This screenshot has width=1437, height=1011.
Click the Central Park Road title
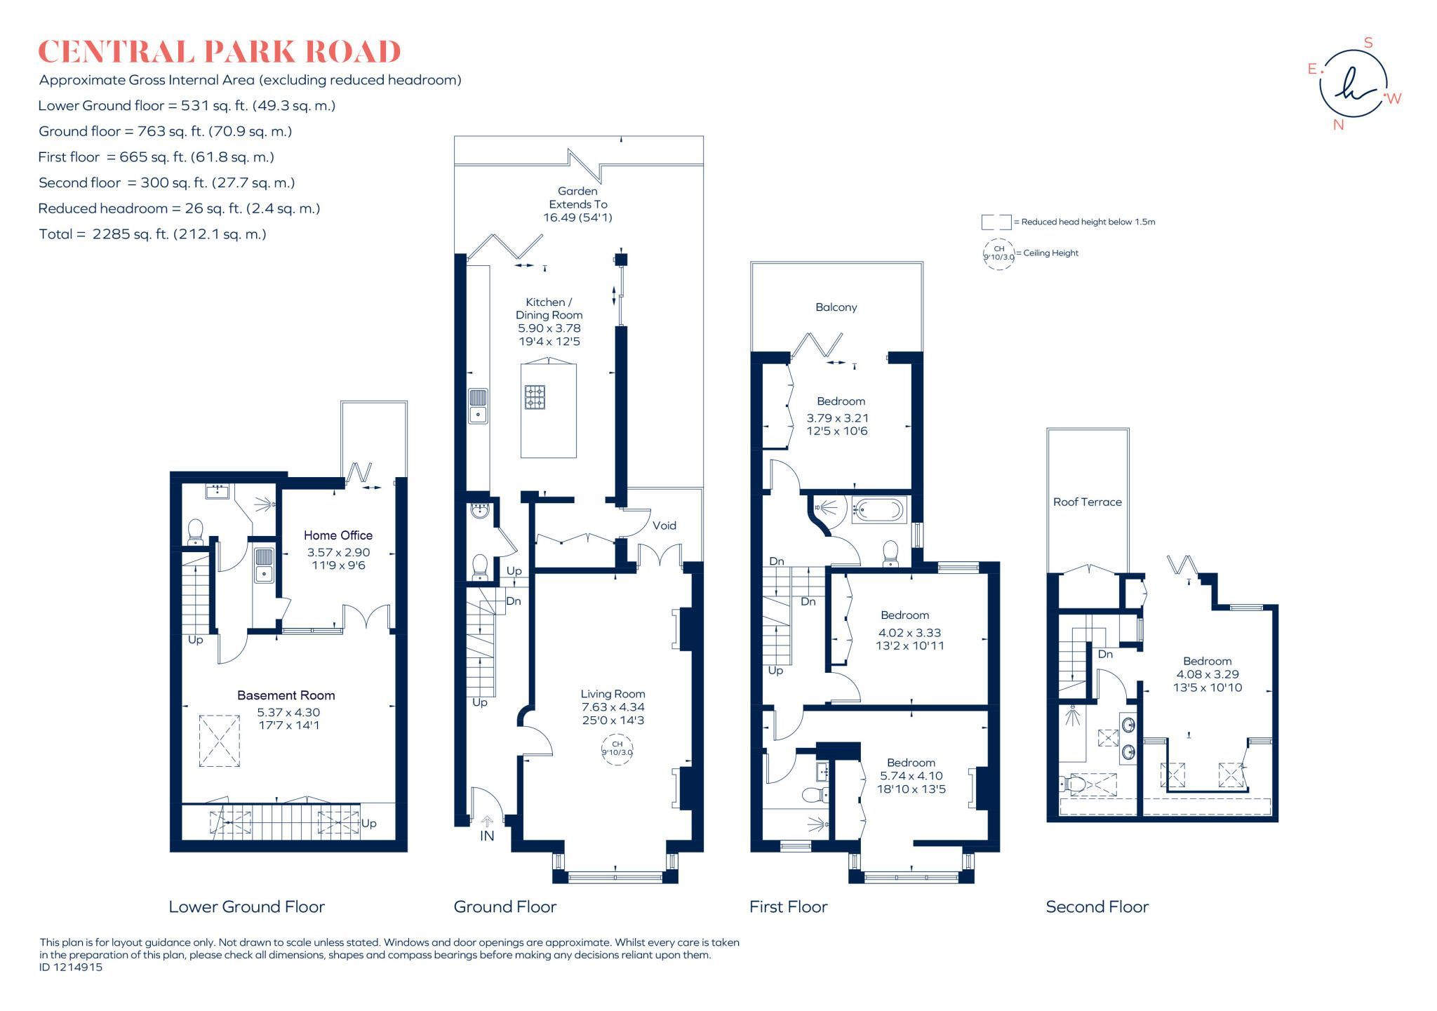pos(219,52)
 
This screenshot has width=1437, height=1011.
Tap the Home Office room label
pos(337,535)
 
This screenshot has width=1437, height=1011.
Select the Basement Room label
pos(286,695)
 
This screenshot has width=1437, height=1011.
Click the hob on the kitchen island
pos(535,397)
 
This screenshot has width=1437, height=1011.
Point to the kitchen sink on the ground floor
pos(479,406)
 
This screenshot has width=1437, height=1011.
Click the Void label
pos(664,525)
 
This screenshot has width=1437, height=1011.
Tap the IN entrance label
pos(487,836)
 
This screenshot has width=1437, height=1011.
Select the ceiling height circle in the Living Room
pos(617,748)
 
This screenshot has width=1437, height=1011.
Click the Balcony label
pos(836,307)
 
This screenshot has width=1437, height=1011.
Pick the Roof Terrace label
pos(1087,502)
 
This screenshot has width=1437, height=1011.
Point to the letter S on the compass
pos(1368,43)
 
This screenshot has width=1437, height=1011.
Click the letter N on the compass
pos(1338,125)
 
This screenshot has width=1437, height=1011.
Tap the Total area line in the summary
pos(153,234)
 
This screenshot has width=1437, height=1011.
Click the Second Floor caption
pos(1097,906)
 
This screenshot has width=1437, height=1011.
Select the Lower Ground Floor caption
pos(246,906)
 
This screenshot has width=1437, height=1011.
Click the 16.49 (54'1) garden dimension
pos(577,217)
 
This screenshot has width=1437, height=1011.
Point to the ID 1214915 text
pos(71,967)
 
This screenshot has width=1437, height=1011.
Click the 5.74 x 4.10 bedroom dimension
pos(911,776)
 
